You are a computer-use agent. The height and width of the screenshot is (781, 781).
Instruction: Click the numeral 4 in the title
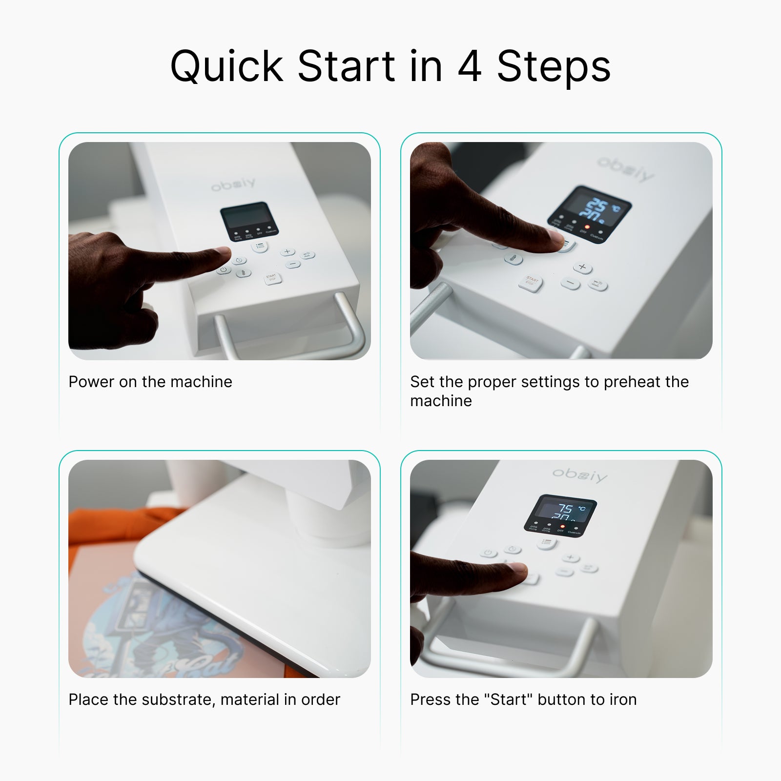point(470,66)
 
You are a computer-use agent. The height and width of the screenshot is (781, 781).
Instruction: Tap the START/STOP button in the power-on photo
point(271,278)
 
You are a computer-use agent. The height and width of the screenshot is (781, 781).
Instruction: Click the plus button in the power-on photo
point(287,251)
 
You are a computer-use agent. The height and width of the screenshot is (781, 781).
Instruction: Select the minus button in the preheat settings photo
point(570,283)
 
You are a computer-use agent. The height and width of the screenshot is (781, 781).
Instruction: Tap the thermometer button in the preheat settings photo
point(513,259)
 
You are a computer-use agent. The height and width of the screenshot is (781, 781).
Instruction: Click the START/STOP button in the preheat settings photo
point(531,282)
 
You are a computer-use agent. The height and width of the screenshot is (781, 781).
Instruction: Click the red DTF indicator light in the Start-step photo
point(562,527)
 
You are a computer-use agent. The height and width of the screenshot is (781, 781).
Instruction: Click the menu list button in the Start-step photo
point(546,542)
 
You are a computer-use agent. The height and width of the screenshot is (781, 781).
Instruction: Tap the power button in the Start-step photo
point(488,553)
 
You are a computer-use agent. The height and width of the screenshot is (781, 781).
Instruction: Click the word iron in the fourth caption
point(623,699)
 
